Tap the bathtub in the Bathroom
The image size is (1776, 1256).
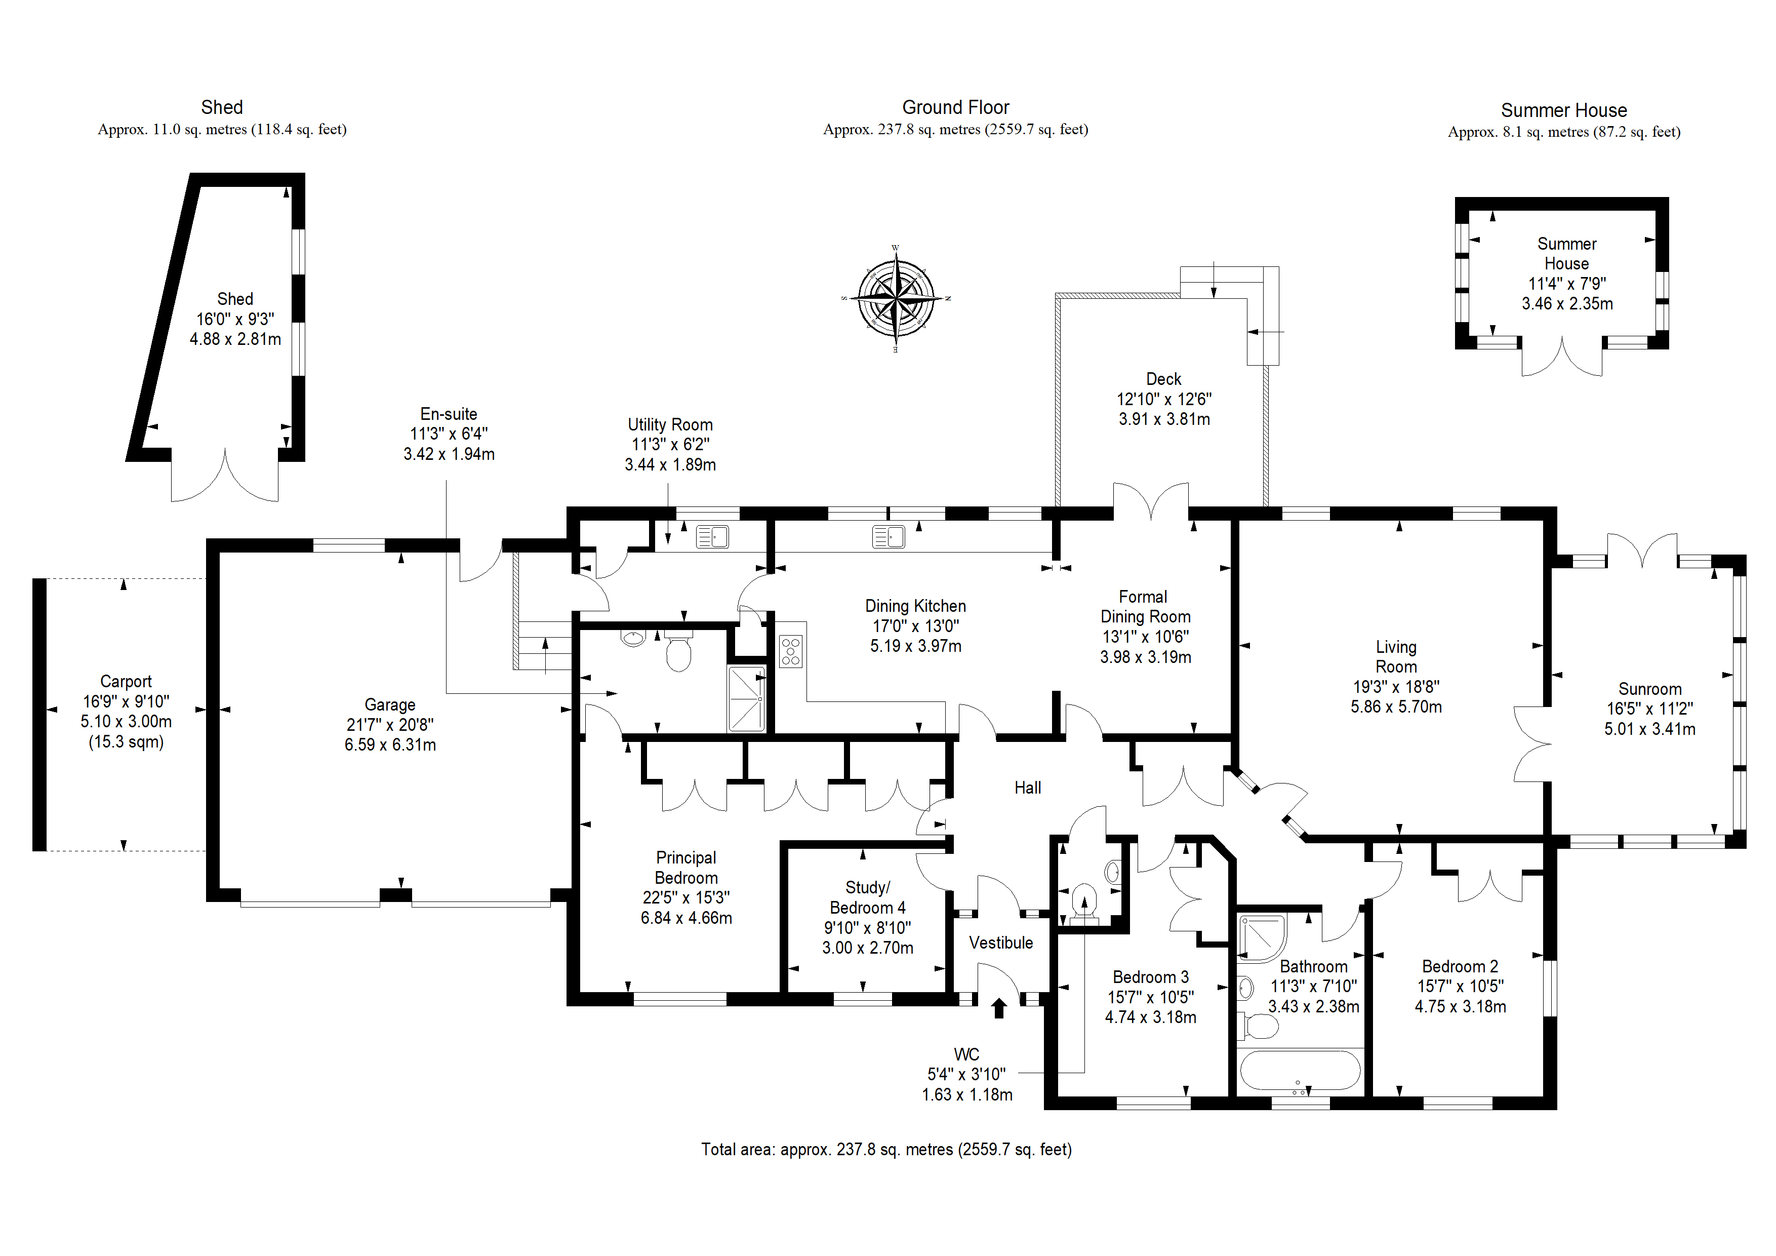1300,1072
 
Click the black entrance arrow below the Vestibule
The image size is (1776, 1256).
998,1008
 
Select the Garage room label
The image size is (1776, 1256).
390,705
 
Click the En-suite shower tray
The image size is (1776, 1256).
746,699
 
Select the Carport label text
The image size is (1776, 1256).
126,682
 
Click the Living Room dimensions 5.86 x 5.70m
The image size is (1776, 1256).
1396,706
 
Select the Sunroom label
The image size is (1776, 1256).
1650,689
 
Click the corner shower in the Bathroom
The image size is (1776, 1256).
1262,938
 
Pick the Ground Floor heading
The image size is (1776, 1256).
955,107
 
